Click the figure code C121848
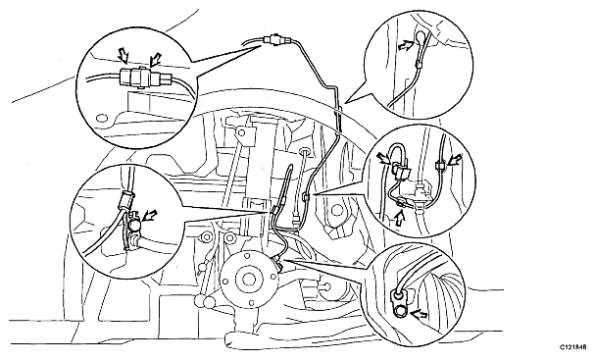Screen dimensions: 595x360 [573, 347]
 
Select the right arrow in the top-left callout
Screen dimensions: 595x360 [155, 58]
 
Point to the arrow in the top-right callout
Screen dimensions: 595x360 [405, 45]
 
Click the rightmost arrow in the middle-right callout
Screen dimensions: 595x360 [455, 160]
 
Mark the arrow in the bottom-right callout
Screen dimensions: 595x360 [419, 314]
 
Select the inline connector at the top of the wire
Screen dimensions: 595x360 [275, 39]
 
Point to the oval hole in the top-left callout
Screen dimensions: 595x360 [102, 119]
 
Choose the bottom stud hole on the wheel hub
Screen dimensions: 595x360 [251, 303]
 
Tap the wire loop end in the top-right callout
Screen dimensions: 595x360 [420, 36]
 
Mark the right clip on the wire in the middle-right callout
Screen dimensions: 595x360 [439, 166]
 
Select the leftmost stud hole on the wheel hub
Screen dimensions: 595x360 [225, 283]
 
